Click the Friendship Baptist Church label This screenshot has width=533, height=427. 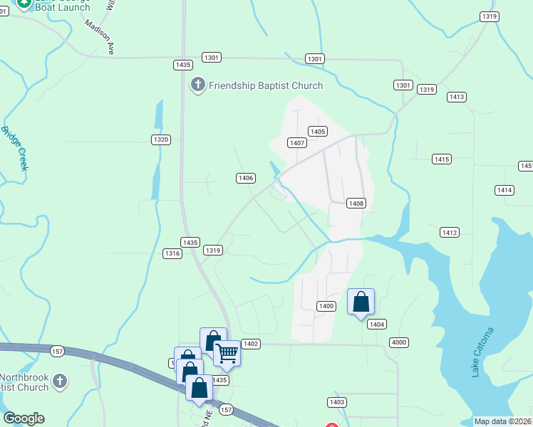coord(265,86)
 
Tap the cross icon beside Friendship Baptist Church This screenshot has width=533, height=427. coord(197,86)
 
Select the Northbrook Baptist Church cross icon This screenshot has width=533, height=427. coord(61,381)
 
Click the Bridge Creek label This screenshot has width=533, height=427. coord(14,149)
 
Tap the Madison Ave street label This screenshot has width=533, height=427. coord(100,37)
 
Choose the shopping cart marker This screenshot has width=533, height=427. coord(227,352)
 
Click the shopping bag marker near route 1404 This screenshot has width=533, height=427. coord(361,302)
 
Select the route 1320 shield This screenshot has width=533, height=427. coord(161,139)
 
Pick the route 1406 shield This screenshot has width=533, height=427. coord(246,178)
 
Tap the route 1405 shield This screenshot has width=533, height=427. coord(318,131)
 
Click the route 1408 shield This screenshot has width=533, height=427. coord(356,204)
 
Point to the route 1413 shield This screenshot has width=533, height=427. coord(457,97)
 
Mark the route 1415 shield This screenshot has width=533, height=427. coord(441,159)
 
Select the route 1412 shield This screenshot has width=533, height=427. coord(450,233)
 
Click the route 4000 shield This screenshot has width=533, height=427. coord(399,342)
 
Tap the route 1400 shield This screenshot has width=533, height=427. coord(326,306)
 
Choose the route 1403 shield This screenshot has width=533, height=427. coord(337,403)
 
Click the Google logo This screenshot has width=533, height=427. coord(24,418)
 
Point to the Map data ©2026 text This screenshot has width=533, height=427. coord(502,421)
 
